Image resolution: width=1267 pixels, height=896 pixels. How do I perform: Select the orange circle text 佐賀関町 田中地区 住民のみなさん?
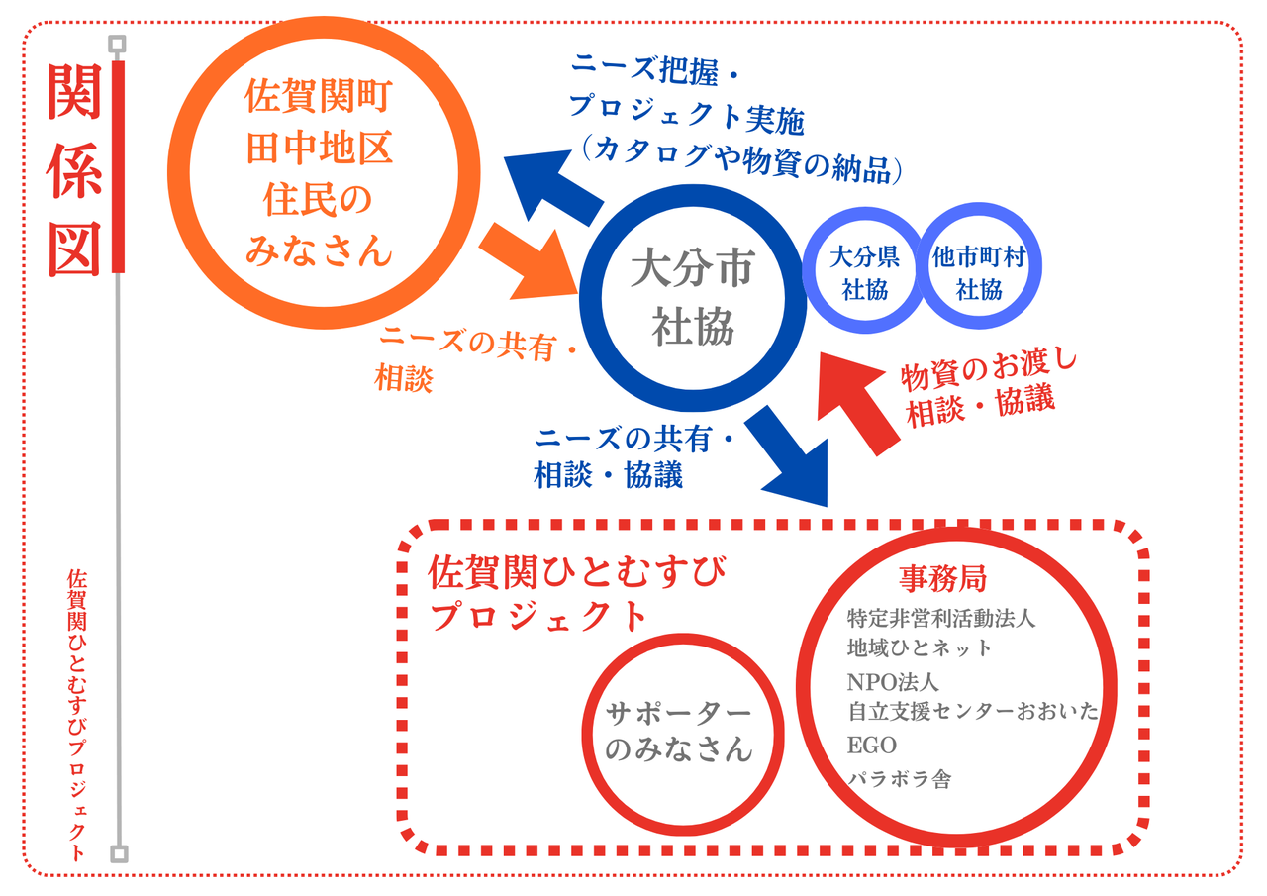point(319,174)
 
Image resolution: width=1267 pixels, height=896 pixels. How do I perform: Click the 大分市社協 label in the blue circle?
point(692,298)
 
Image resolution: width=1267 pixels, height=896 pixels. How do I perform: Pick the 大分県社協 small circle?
point(864,272)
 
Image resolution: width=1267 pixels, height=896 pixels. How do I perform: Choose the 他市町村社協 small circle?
point(978,272)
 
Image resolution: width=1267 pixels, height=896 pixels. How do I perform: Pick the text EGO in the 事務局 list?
point(872,745)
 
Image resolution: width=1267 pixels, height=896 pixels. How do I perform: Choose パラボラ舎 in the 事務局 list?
point(899,778)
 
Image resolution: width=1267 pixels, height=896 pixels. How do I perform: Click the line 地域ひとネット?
point(919,648)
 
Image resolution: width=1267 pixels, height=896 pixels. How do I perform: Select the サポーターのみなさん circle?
point(679,733)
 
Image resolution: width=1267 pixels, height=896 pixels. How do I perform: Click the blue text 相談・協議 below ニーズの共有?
point(608,475)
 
